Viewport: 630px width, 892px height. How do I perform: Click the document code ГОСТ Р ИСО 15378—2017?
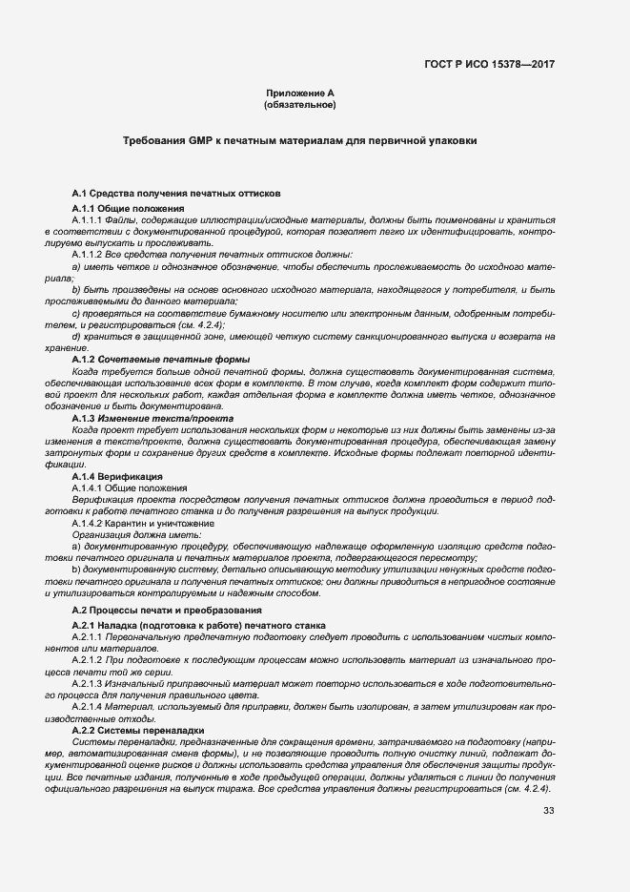[x=490, y=64]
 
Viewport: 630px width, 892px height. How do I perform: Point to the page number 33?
[x=548, y=811]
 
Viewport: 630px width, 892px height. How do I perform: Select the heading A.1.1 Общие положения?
[x=128, y=208]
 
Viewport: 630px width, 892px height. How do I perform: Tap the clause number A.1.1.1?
[x=89, y=219]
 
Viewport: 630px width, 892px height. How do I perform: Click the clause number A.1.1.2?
[x=89, y=254]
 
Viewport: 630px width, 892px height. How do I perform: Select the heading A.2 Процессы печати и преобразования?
[x=167, y=609]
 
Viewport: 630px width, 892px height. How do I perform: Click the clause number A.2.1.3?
[x=89, y=683]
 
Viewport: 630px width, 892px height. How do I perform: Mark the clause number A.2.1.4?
[x=89, y=706]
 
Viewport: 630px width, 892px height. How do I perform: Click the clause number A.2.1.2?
[x=89, y=659]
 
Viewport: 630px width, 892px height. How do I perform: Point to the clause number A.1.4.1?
[x=89, y=487]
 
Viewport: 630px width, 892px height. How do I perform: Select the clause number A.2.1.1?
[x=89, y=635]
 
